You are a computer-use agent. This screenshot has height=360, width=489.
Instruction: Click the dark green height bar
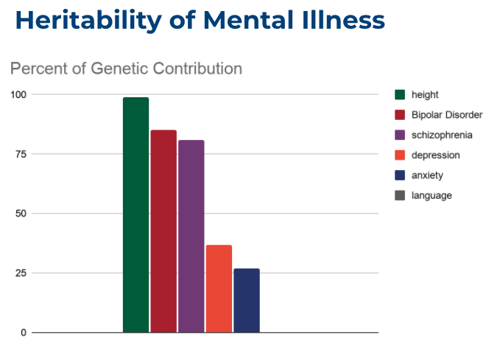tap(136, 215)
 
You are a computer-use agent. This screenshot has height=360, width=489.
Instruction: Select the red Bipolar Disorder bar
tap(163, 231)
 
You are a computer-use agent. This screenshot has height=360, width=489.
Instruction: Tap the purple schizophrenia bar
tap(191, 236)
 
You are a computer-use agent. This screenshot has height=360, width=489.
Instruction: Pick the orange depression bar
tap(219, 289)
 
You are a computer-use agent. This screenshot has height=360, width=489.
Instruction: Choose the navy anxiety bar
tap(247, 300)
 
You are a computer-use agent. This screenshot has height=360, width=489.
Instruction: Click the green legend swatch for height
tap(400, 94)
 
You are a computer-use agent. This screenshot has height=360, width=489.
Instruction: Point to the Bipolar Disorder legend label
tap(447, 115)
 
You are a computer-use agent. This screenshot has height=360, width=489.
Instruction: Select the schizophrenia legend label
tap(442, 135)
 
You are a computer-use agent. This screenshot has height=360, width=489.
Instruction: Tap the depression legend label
tap(436, 155)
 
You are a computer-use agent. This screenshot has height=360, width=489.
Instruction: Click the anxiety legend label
tap(427, 175)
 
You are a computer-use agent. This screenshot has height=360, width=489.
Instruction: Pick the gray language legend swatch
tap(400, 195)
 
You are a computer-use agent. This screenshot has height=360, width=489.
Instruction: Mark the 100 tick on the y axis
tap(18, 94)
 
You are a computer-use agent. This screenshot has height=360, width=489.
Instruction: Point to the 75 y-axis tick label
tap(21, 154)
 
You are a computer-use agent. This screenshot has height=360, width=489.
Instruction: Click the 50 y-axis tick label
tap(21, 213)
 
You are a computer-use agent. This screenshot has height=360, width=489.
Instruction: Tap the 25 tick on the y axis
tap(21, 273)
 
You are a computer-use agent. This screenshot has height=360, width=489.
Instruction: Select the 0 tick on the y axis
tap(24, 333)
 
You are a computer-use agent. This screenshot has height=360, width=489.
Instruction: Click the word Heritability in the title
tap(88, 21)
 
